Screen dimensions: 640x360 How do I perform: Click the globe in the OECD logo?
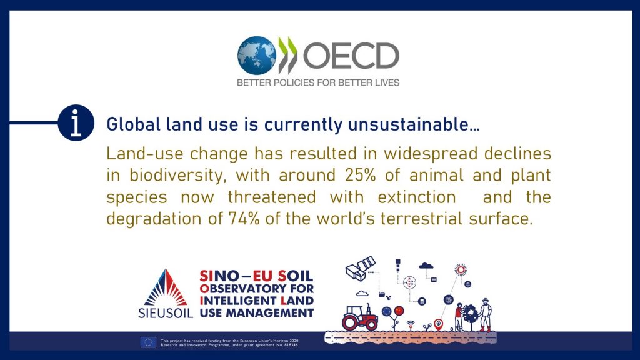257,56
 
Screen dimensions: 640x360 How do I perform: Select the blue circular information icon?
76,123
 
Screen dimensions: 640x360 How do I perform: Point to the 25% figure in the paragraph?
360,175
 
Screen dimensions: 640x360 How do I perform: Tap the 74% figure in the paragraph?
244,219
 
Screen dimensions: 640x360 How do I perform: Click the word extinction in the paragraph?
417,197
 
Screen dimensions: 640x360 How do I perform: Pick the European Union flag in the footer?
148,342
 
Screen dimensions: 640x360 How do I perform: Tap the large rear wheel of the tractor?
350,322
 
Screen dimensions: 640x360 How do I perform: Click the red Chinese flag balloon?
399,311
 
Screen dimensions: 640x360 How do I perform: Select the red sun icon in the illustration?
461,269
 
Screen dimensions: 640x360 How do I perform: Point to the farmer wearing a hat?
485,315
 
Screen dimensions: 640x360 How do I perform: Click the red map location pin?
438,325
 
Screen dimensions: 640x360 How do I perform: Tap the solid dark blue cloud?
426,266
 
